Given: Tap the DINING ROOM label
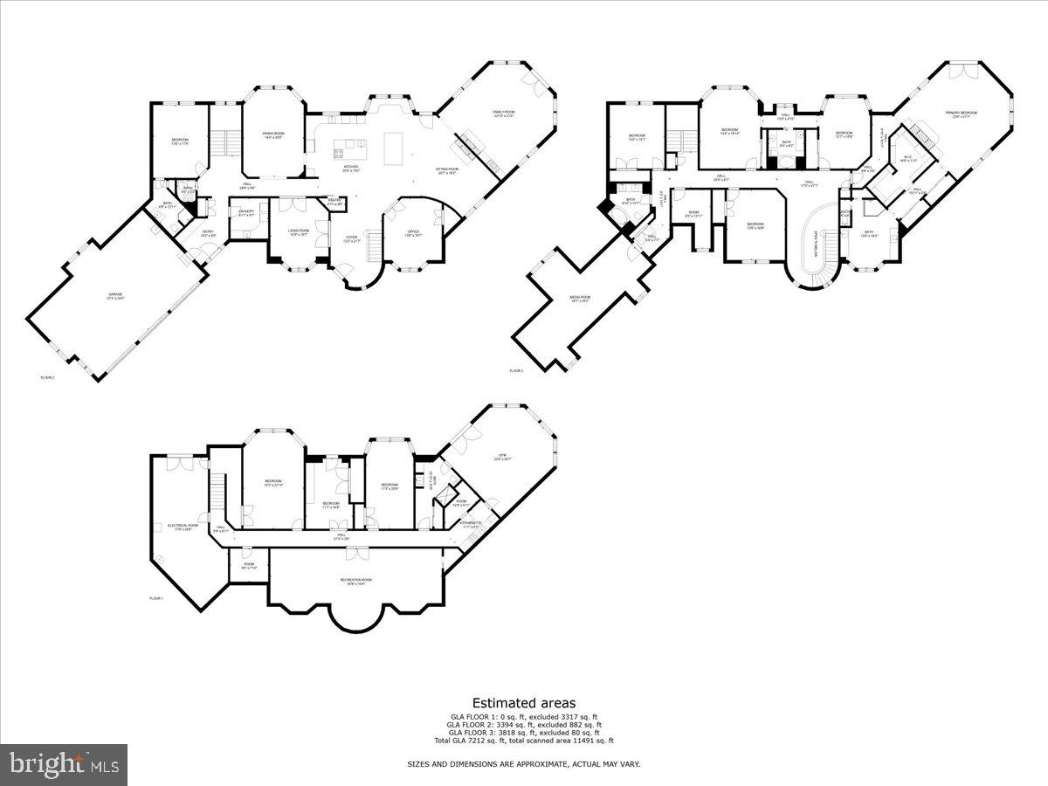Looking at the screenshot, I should click(273, 134).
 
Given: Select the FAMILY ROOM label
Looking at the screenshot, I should click(505, 114).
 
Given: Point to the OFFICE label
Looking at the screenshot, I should click(413, 233).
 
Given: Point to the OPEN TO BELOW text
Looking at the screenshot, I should click(817, 247).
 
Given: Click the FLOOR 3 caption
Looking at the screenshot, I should click(516, 371).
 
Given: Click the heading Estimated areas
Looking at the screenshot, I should click(523, 702).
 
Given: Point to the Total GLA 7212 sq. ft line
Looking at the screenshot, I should click(523, 741).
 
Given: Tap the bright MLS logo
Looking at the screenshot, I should click(64, 765).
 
